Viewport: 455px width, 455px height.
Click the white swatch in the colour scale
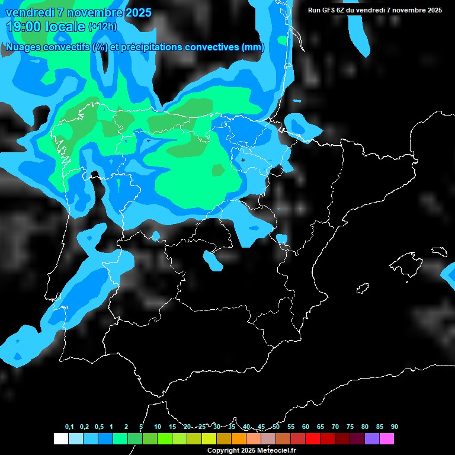click(x=60, y=439)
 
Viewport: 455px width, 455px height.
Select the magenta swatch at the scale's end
click(x=387, y=439)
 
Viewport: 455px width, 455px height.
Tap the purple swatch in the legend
click(x=372, y=439)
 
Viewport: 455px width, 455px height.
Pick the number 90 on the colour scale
click(x=395, y=427)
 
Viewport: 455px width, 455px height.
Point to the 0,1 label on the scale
click(x=69, y=427)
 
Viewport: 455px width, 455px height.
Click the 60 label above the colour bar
click(x=306, y=427)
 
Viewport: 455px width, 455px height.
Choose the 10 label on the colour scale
click(x=158, y=427)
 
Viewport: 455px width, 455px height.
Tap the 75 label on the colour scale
click(x=350, y=427)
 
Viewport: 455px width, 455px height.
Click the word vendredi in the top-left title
click(x=28, y=12)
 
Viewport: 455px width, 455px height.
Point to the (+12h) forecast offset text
click(x=103, y=27)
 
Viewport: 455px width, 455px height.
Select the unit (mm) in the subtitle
click(x=254, y=47)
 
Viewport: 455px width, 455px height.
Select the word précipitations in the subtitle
click(x=152, y=47)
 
